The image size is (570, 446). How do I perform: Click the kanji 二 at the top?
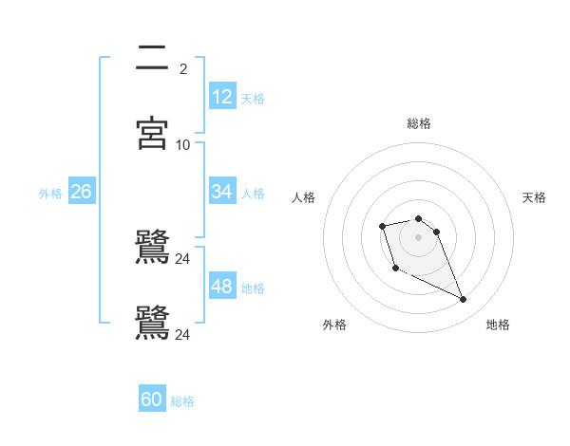pos(153,59)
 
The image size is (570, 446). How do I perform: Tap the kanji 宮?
pos(153,132)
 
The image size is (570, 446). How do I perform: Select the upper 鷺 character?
pos(153,247)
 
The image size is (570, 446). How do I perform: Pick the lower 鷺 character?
pos(153,323)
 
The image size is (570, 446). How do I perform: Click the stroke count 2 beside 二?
pos(182,69)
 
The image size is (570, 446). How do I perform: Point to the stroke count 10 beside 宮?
pos(182,145)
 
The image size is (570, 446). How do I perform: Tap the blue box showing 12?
pos(222,97)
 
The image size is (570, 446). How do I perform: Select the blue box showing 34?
pos(222,192)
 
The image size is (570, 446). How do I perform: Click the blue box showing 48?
pos(222,287)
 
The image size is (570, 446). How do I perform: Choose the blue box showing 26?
pos(82,192)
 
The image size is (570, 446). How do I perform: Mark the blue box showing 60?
pos(152,400)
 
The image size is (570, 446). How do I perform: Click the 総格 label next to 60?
pos(182,401)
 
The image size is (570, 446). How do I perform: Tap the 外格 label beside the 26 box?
pos(50,193)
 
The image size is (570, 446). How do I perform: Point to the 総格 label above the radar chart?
pos(419,123)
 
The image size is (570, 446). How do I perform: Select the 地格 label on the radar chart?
pos(498,325)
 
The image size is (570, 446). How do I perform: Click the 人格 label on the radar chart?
pos(304,197)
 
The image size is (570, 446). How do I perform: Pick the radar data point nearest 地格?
pos(464,300)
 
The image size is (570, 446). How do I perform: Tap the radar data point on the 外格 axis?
pos(395,269)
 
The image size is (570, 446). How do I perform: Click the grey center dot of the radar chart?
pos(419,237)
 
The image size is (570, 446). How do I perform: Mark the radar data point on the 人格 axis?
pos(382,226)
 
